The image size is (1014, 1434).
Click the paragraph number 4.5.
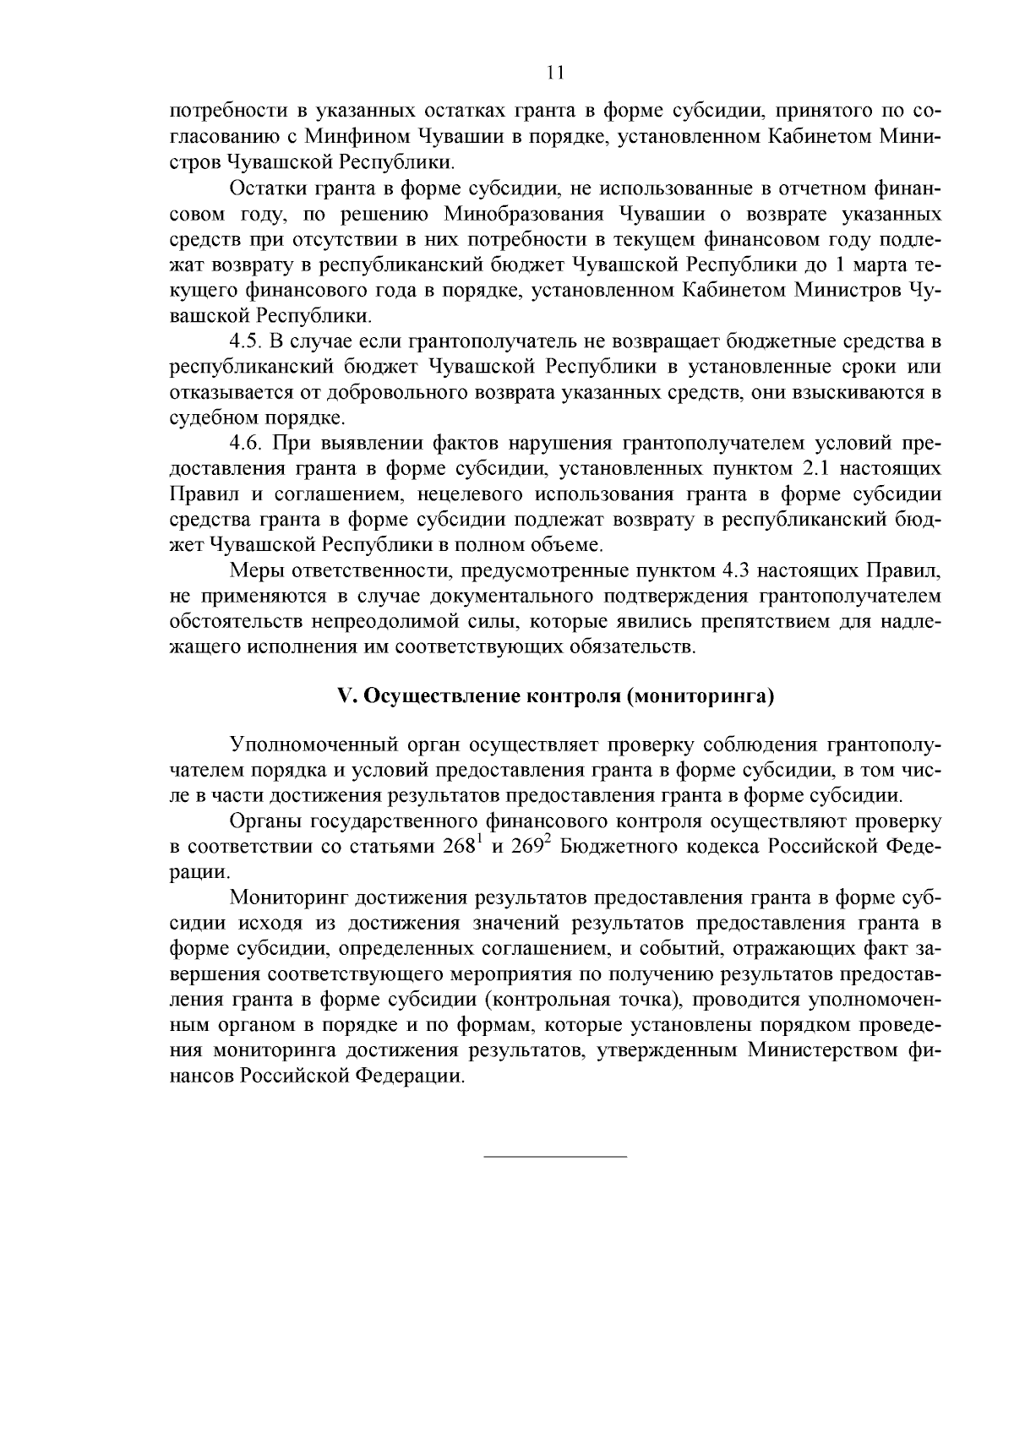pyautogui.click(x=246, y=343)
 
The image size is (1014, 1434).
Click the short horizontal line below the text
pyautogui.click(x=555, y=1154)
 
